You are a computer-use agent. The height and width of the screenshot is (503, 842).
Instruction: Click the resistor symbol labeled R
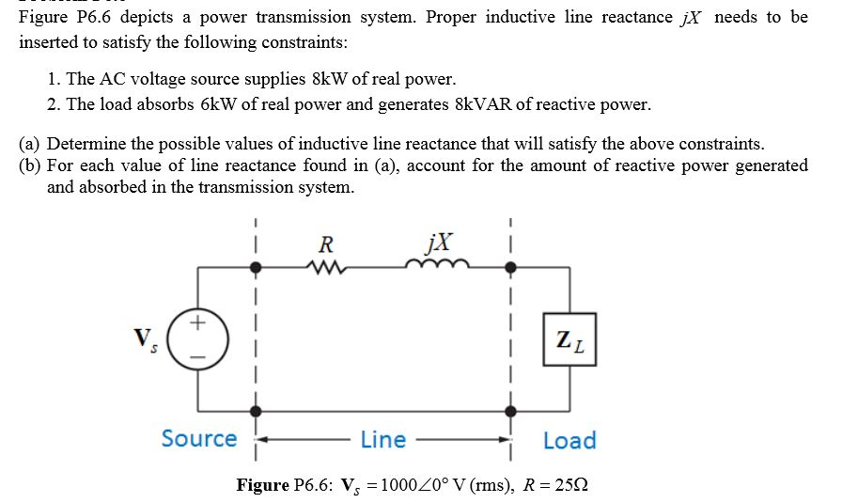325,268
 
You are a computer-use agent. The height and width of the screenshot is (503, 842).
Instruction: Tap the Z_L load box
569,339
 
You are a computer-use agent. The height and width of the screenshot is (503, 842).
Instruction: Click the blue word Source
199,439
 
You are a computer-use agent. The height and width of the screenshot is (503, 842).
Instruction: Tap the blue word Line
383,440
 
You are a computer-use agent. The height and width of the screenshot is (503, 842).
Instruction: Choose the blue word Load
569,440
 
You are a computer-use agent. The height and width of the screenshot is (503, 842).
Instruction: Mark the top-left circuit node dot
256,268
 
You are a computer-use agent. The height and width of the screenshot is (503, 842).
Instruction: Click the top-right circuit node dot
511,268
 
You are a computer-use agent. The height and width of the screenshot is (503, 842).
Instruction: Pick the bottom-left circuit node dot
256,412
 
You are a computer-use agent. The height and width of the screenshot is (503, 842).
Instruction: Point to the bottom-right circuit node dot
511,412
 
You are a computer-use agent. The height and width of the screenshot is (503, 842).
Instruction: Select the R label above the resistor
325,245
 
